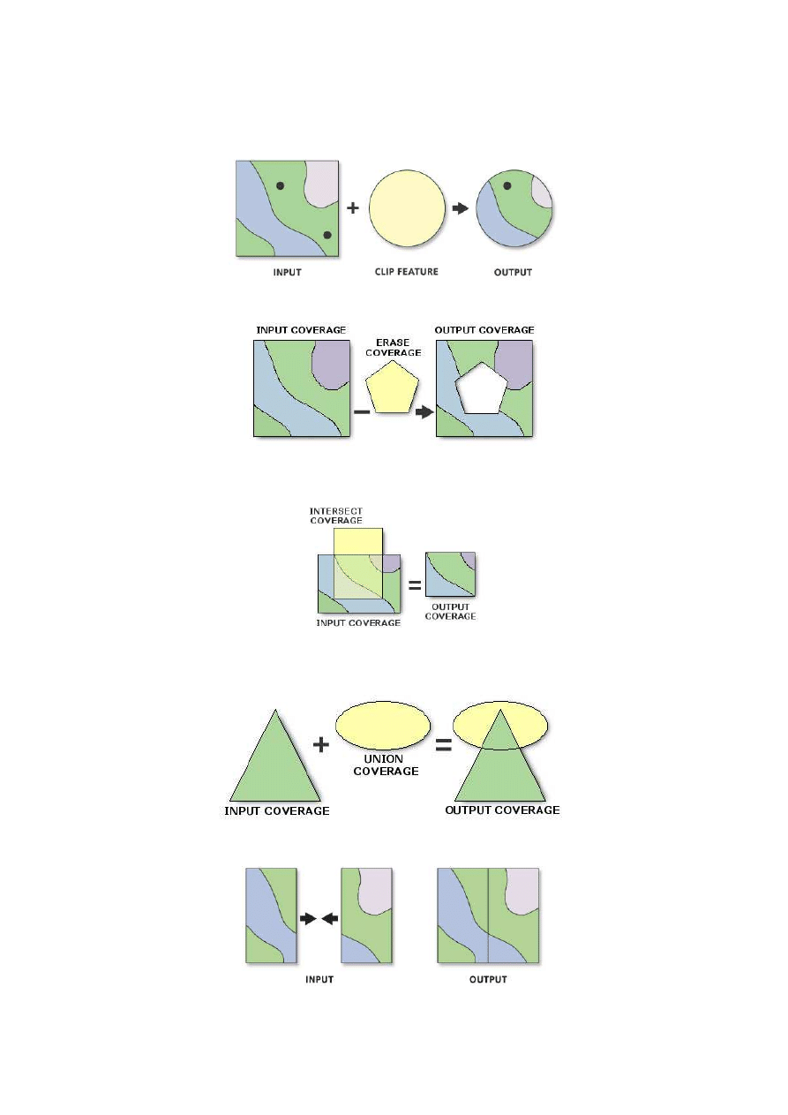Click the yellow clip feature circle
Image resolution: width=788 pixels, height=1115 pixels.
[x=407, y=208]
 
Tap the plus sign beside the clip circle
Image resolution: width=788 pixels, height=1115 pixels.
[x=353, y=207]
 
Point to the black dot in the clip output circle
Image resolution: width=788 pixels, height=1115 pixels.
[x=507, y=185]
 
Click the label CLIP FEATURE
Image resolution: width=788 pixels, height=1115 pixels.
[x=407, y=272]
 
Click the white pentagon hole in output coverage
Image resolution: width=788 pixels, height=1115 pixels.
[x=482, y=389]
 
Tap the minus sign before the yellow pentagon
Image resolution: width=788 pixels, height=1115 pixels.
[x=362, y=411]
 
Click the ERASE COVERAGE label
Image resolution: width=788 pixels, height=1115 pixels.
[x=393, y=348]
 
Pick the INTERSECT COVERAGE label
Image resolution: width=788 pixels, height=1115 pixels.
[x=336, y=516]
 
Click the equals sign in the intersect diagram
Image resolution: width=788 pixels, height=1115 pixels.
[x=415, y=585]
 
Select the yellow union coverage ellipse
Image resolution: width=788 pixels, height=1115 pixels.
[x=383, y=726]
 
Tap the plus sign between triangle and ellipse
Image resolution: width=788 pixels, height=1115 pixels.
[x=321, y=745]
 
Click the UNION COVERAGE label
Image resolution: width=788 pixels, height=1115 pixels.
[x=386, y=765]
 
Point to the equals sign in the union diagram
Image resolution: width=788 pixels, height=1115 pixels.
[x=444, y=745]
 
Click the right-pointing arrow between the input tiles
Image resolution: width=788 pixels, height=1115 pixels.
[x=308, y=918]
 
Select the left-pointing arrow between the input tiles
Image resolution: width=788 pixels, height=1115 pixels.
[x=330, y=918]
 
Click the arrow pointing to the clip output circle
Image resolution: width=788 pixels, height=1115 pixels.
[x=461, y=208]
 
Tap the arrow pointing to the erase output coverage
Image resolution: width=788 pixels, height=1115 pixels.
[x=424, y=412]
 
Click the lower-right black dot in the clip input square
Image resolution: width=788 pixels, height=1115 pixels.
[x=326, y=235]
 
